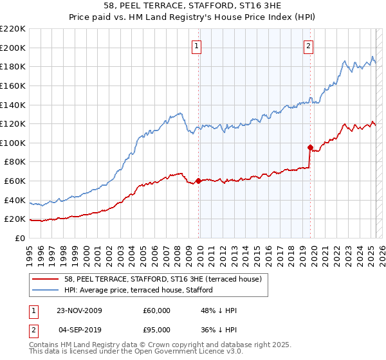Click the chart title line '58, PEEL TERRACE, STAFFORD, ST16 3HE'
tap(193, 6)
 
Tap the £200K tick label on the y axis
tap(13, 48)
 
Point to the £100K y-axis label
tap(13, 143)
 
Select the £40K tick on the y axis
tap(15, 200)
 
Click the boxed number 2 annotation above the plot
tap(309, 46)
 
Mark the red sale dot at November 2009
tap(198, 181)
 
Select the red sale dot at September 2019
tap(310, 147)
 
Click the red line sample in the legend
tap(46, 280)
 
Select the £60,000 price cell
tap(157, 310)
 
